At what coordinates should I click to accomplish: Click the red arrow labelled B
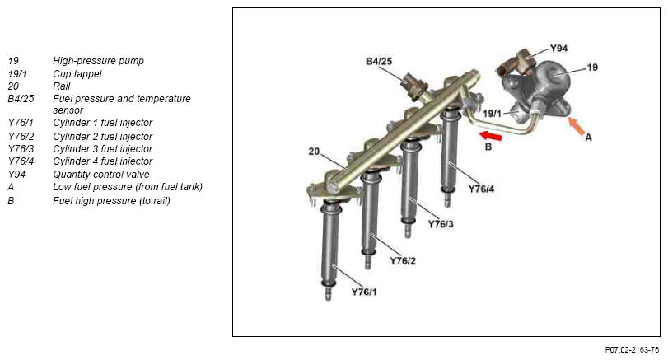(490, 136)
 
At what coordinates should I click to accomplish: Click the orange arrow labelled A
(577, 126)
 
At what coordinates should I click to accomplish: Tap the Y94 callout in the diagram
(558, 49)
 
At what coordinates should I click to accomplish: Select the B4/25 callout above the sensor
(379, 61)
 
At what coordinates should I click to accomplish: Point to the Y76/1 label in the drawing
(364, 292)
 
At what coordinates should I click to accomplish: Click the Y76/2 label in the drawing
(403, 261)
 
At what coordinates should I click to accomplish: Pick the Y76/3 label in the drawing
(441, 224)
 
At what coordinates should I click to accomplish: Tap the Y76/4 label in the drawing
(481, 189)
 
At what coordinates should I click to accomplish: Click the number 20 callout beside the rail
(314, 152)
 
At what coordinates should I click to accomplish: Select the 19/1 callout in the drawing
(493, 114)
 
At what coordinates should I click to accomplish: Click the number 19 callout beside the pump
(592, 68)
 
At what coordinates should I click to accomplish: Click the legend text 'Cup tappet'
(77, 74)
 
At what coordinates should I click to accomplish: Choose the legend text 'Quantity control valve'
(101, 175)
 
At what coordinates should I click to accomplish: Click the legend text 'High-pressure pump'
(98, 61)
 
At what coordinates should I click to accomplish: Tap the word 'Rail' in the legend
(61, 86)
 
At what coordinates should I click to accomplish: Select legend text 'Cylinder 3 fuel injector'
(103, 149)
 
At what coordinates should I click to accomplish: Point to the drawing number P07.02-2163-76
(632, 350)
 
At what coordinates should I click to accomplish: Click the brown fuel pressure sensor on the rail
(414, 86)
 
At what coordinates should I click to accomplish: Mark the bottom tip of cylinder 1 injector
(328, 299)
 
